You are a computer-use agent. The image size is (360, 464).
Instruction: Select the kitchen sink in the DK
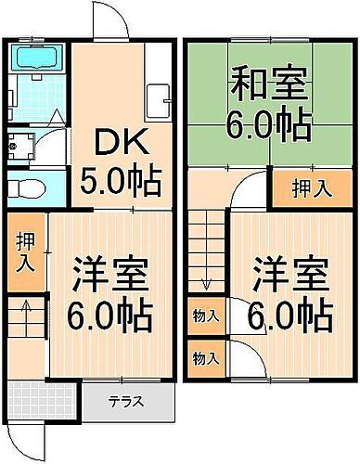coord(156,98)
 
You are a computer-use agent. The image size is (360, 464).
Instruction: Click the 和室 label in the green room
coord(269,88)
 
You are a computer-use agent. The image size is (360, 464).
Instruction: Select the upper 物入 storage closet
coord(206,316)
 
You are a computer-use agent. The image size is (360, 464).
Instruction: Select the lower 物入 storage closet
coord(206,356)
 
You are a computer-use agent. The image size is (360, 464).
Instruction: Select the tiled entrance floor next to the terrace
coord(45,401)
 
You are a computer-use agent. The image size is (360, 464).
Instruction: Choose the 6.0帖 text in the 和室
coord(269,125)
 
